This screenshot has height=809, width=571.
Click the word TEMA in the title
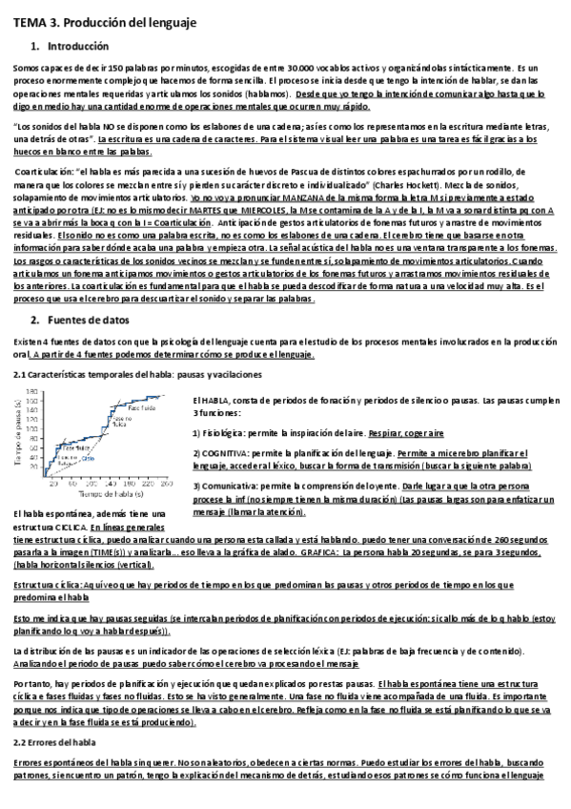tap(30, 21)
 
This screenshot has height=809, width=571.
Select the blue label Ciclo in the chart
tap(87, 458)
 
